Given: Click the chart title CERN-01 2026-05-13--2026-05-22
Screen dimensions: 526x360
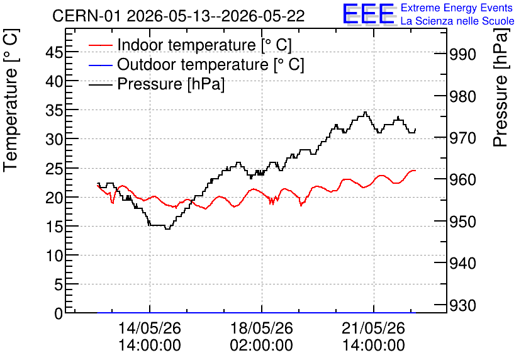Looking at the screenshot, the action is (x=179, y=16).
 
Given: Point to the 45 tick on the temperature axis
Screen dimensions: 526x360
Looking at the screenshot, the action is (x=54, y=52).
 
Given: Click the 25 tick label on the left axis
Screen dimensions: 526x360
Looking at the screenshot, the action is (x=54, y=169).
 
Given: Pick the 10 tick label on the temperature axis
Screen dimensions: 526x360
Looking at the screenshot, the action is (x=54, y=256).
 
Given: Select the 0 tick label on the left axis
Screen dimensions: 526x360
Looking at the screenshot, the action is (x=59, y=314).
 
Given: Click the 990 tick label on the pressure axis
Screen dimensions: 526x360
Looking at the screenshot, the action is (x=462, y=54).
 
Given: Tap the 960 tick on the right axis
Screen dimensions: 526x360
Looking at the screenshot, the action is (x=462, y=179).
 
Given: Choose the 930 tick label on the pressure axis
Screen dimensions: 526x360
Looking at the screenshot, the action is (x=462, y=305).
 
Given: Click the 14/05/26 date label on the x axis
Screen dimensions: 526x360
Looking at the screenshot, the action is (x=150, y=328).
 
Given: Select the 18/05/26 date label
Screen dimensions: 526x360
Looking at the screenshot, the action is (x=261, y=328).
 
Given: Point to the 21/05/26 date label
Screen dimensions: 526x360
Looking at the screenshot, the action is (x=373, y=328).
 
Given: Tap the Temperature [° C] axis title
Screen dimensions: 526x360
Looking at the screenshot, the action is (x=11, y=101).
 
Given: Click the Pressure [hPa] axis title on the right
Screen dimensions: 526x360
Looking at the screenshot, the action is (x=501, y=88).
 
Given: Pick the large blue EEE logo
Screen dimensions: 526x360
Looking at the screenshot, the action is (x=369, y=14).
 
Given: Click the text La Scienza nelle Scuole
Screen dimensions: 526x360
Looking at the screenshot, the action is (x=457, y=21).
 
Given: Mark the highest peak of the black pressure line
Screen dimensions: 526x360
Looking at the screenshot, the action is (x=365, y=112).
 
